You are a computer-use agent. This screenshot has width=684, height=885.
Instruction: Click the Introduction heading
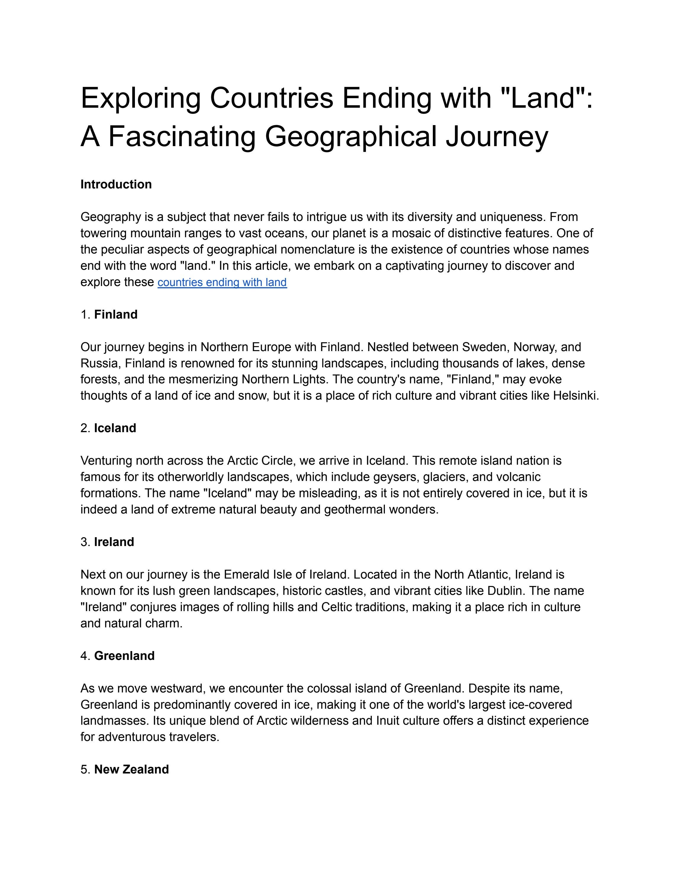click(x=116, y=184)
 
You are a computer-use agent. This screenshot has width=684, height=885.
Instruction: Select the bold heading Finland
click(x=116, y=314)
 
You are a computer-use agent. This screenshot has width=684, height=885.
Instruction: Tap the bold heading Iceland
click(x=115, y=428)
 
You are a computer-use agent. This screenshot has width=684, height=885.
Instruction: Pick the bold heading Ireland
click(x=114, y=542)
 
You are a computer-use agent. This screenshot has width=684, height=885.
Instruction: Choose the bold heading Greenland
click(x=124, y=656)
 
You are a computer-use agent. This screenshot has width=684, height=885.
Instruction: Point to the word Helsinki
click(x=575, y=395)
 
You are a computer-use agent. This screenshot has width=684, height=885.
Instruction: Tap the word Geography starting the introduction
click(x=109, y=217)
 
